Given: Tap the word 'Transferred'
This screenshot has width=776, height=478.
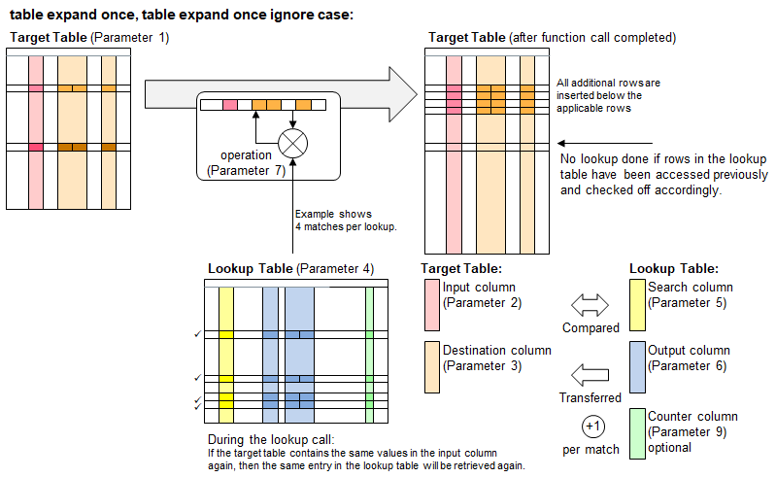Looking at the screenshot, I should (x=590, y=397).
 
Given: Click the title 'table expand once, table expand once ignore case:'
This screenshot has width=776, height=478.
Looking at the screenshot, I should (x=182, y=15).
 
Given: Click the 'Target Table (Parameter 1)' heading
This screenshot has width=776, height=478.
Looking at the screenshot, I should (x=88, y=37).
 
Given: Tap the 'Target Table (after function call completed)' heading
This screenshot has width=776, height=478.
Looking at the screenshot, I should (x=552, y=37).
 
